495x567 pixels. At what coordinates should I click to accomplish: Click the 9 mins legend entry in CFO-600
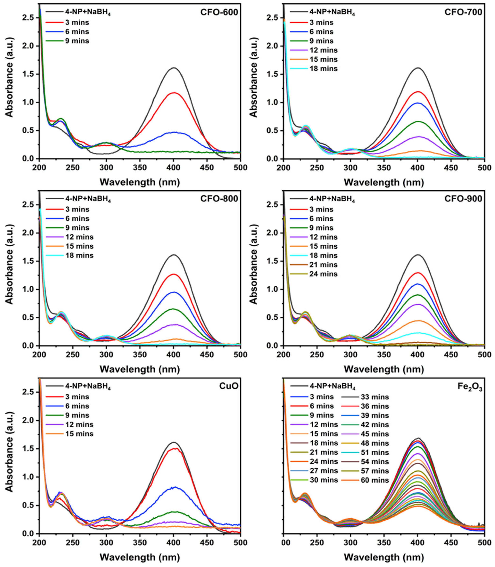pos(76,41)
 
